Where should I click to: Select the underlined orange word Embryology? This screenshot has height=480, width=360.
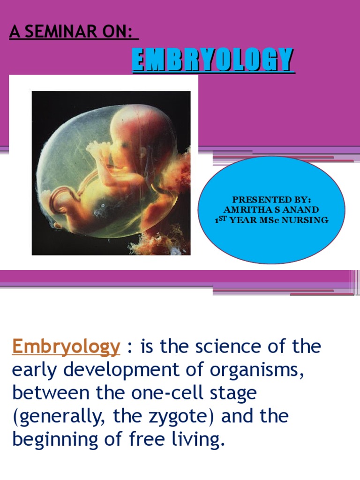(x=66, y=347)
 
